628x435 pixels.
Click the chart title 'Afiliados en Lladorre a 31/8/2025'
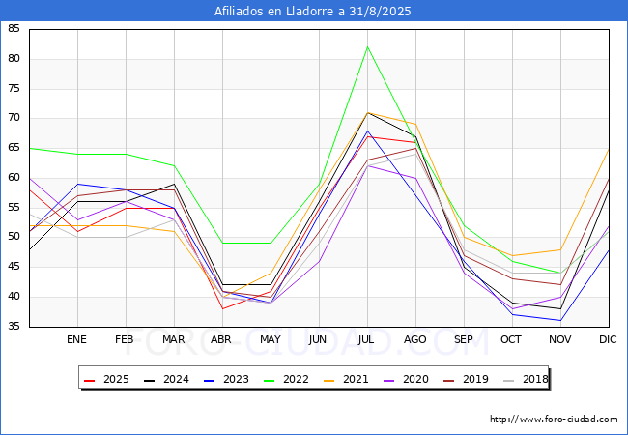[312, 11]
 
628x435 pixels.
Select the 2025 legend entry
[106, 379]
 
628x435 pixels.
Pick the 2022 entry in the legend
[286, 379]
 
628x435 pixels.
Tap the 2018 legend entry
[526, 379]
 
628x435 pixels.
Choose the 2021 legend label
[346, 379]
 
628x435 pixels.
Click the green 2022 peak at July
[368, 46]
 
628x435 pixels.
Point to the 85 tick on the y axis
[14, 28]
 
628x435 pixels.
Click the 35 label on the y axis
[14, 327]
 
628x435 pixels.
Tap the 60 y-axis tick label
[14, 178]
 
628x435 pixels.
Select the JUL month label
[366, 339]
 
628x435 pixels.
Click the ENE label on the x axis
[76, 339]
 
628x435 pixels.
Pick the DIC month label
[608, 339]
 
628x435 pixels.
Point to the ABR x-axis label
[221, 339]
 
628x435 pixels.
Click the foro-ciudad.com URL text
[554, 419]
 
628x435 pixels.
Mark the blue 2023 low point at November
[560, 320]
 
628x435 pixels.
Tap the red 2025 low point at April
[222, 308]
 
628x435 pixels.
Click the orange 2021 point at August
[416, 124]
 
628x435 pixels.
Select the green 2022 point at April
[222, 244]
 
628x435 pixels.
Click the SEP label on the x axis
[464, 339]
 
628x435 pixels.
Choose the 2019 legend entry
[466, 379]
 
